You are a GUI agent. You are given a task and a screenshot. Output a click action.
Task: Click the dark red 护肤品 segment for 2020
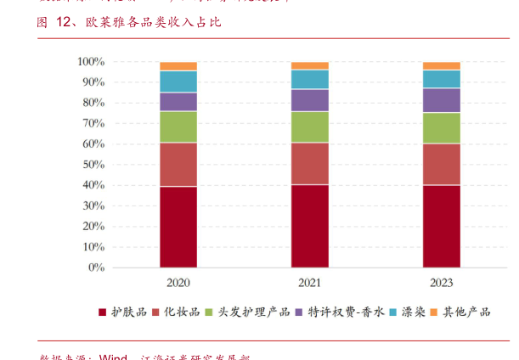coord(178,227)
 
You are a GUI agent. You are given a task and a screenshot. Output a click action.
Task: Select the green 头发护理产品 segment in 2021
coord(310,127)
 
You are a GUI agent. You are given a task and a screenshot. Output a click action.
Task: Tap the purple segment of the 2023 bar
coord(442,100)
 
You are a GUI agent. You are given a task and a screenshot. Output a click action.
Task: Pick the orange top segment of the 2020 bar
coord(178,66)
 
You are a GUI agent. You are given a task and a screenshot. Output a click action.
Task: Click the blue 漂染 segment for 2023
coord(442,79)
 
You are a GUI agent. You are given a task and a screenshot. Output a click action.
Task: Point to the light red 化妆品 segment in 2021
coord(310,163)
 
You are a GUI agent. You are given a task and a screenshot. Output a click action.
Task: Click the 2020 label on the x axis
coord(178,283)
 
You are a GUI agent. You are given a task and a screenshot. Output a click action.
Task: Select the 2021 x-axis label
coord(310,283)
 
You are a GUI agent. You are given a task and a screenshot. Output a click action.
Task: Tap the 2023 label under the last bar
coord(442,283)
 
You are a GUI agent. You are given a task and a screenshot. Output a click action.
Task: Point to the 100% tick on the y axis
coord(91,62)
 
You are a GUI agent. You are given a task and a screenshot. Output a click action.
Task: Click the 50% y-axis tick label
coord(93,165)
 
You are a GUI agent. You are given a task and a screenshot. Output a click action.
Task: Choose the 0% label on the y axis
coord(96,267)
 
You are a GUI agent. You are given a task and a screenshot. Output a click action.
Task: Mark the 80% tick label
coord(93,103)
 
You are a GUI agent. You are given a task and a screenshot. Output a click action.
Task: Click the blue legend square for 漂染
coord(393,312)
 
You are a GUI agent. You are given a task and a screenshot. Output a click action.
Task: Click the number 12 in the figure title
coord(65,22)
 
